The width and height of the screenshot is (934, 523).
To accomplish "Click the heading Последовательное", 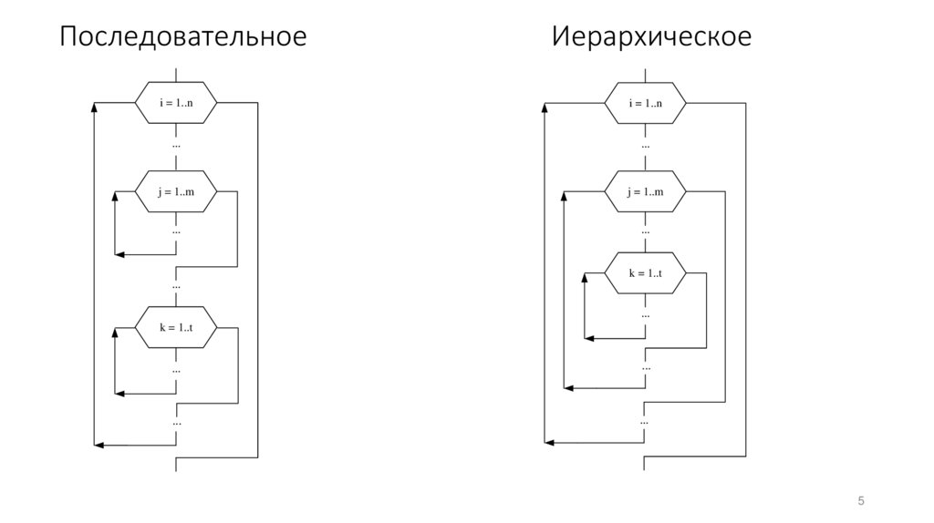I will tap(182, 37).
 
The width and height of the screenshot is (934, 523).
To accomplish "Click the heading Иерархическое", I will tap(651, 37).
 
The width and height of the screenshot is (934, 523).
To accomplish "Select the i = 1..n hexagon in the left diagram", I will tap(176, 102).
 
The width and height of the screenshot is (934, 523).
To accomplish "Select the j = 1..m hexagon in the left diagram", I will tap(176, 191).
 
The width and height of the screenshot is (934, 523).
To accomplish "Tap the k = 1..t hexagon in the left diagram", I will tap(176, 327).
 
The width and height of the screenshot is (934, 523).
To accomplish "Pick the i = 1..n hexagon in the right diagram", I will tap(645, 102).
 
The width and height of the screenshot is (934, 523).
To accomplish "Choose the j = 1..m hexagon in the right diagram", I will tap(645, 191).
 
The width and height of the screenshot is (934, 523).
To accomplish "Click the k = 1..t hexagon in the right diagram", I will tap(645, 273).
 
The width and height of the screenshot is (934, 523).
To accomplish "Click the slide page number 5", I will tap(860, 501).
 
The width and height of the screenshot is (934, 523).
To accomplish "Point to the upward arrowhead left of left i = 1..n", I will tap(95, 108).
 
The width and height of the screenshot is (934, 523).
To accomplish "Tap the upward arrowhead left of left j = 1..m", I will tap(116, 197).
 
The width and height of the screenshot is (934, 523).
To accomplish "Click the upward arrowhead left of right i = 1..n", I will tap(545, 108).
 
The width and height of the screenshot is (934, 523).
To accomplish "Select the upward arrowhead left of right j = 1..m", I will tap(565, 197).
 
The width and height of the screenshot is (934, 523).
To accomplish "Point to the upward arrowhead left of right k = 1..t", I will tap(586, 279).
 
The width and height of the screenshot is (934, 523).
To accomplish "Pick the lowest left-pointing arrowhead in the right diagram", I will tap(549, 443).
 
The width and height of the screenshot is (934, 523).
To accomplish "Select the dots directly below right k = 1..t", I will tap(645, 315).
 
